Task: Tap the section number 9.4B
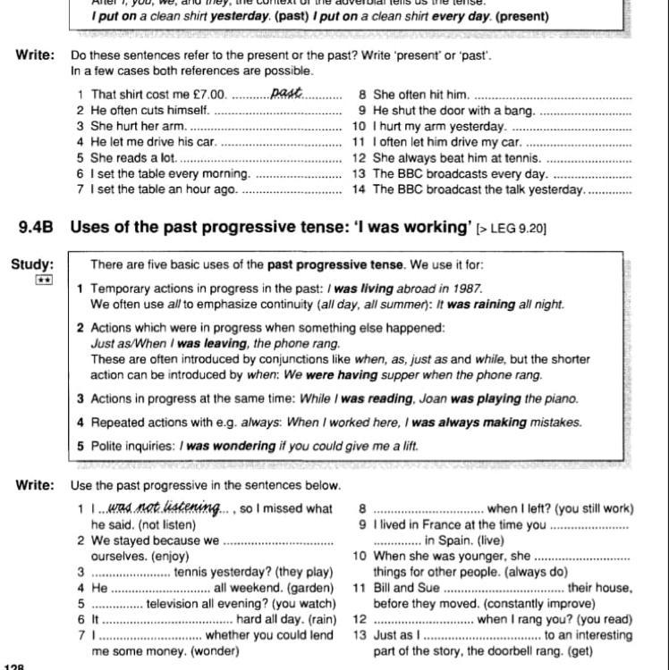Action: [36, 227]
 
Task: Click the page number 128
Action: [14, 665]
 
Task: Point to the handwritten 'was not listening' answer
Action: [164, 507]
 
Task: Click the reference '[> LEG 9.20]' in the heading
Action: [512, 229]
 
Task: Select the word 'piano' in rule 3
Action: [561, 398]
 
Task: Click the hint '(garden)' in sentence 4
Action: [312, 589]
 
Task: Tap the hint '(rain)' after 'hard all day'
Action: [320, 620]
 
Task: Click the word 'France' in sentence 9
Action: [436, 525]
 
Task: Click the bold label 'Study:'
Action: [32, 264]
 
